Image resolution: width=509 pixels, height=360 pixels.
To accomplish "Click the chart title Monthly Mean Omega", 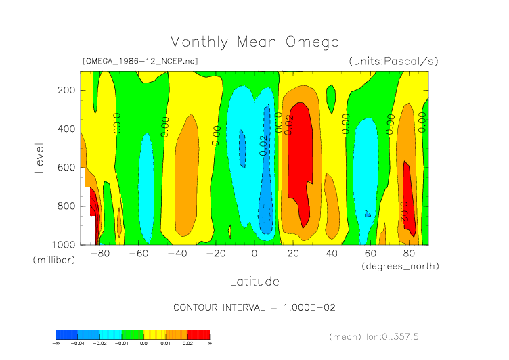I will [254, 42].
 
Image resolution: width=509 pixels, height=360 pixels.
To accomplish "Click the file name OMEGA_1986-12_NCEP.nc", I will [139, 61].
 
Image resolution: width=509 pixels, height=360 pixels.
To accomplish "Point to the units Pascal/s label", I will [393, 61].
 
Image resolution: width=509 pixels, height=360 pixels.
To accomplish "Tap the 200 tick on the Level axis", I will [66, 91].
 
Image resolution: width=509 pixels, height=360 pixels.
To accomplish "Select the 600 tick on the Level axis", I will [66, 167].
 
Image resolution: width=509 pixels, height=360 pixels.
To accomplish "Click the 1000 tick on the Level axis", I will [64, 244].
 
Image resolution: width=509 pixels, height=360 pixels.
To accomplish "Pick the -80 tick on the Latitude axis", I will [99, 254].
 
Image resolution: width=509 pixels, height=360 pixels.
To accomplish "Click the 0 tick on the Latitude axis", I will [255, 254].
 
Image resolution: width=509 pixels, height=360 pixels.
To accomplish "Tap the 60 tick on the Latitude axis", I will [370, 254].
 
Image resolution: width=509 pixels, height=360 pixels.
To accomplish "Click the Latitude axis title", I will [254, 281].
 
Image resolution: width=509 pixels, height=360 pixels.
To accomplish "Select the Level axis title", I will [40, 157].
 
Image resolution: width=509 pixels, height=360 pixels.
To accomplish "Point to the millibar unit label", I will [54, 261].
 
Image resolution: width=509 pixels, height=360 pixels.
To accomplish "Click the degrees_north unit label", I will [400, 266].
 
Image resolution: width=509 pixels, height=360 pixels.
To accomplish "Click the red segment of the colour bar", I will [198, 334].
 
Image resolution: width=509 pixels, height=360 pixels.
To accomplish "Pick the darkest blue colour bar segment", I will [66, 334].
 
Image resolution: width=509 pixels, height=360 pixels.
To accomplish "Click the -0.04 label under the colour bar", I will [78, 344].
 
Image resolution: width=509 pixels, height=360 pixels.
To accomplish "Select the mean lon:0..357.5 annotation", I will [384, 336].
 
